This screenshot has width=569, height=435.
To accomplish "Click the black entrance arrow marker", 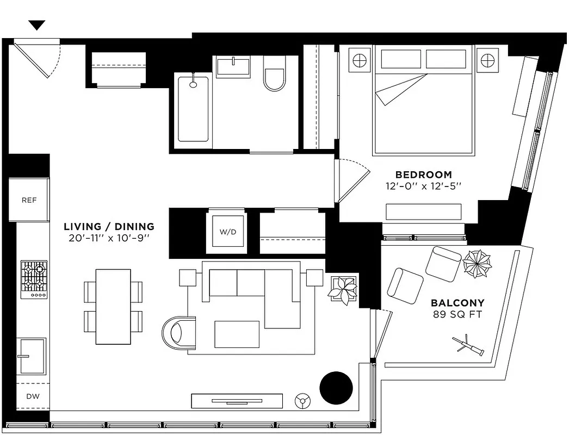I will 37,25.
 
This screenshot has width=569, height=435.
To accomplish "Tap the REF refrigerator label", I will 29,200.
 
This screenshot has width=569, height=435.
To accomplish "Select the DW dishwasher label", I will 33,396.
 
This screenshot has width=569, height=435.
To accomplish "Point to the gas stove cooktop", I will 34,279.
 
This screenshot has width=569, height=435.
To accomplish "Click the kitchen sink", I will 32,356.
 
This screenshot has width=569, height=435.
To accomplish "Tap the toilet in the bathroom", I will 274,76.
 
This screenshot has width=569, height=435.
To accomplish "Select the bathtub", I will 193,109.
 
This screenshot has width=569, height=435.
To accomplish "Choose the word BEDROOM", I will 423,175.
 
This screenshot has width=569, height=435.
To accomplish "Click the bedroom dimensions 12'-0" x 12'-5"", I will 423,187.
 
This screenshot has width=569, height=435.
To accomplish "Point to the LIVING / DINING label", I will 109,227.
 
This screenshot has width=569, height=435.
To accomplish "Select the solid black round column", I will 336,388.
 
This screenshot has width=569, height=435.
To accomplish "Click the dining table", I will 113,307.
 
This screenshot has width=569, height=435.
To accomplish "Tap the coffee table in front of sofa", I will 237,334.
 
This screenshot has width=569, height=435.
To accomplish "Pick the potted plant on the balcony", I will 477,264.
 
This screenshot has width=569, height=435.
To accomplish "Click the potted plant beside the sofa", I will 343,288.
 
